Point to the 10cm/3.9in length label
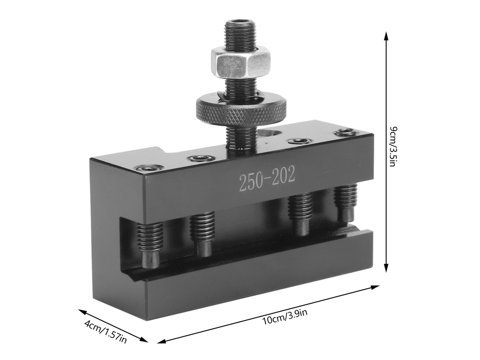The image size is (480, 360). [285, 317]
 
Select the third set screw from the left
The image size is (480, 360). [301, 216]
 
